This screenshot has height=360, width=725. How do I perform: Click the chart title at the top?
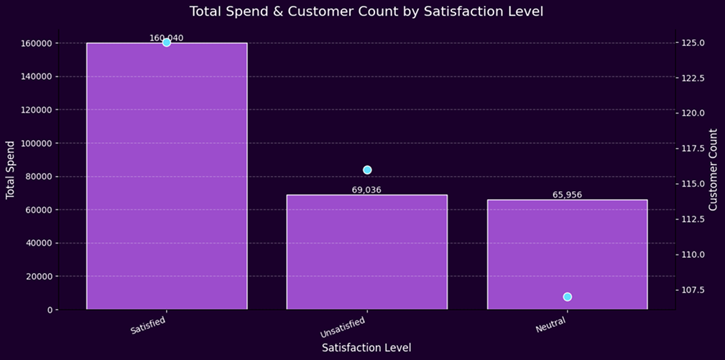[362, 11]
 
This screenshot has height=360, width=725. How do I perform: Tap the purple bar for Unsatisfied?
[366, 251]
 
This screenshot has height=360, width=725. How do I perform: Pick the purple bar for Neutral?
[567, 254]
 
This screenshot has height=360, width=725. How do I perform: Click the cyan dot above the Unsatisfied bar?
[367, 170]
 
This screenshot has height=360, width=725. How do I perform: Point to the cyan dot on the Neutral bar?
[568, 297]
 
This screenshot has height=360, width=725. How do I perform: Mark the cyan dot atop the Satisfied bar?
[167, 42]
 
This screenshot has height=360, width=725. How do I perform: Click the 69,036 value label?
[366, 190]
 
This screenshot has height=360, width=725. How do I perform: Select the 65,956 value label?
[567, 195]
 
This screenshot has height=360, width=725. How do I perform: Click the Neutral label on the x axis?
[550, 324]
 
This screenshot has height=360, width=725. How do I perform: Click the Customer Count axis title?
[713, 170]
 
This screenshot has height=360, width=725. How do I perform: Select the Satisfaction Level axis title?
[366, 348]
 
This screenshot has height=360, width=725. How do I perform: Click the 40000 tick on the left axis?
[37, 243]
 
